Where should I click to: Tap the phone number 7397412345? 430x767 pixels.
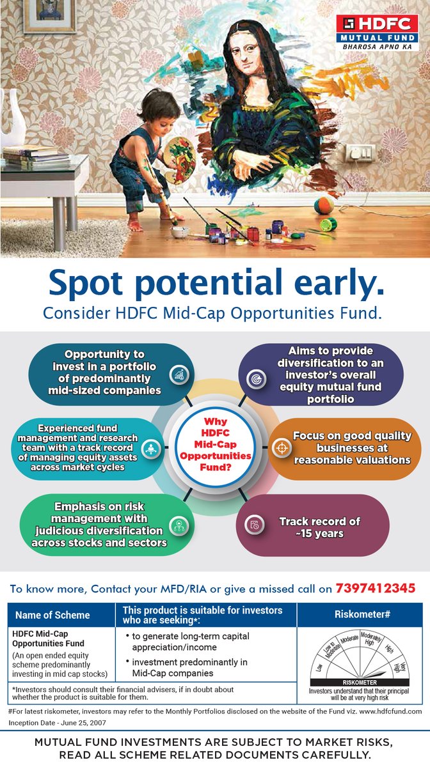[x=376, y=587]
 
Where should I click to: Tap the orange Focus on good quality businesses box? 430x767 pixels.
[x=345, y=447]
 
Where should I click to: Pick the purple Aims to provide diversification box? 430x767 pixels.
[x=321, y=375]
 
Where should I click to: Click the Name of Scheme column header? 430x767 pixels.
[x=52, y=616]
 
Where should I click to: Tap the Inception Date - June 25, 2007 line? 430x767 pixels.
[x=56, y=722]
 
